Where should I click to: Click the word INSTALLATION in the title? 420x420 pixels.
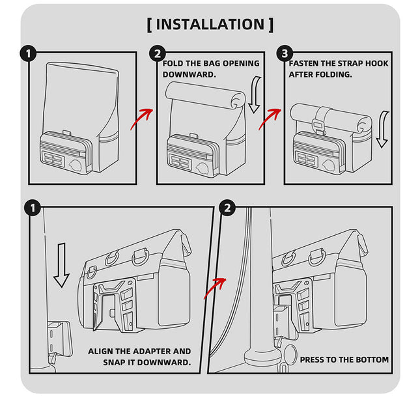click(210, 24)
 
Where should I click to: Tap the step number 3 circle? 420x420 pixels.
click(285, 53)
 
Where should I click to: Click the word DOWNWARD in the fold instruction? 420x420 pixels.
click(189, 74)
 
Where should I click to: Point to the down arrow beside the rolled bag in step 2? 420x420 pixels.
click(255, 94)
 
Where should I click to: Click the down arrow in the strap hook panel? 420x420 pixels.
click(382, 130)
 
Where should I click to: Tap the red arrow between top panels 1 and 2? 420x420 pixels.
click(142, 119)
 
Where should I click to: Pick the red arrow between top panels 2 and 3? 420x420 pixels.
click(270, 119)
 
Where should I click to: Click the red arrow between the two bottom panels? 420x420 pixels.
click(215, 288)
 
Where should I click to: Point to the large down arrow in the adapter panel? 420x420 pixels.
click(62, 265)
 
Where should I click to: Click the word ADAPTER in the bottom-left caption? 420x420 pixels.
click(152, 351)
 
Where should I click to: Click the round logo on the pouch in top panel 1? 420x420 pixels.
click(76, 165)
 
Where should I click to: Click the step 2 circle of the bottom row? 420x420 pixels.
click(227, 208)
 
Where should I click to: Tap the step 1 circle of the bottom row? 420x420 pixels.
click(33, 208)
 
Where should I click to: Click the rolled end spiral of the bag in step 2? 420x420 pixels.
click(238, 101)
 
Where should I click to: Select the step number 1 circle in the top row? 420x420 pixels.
click(28, 54)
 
